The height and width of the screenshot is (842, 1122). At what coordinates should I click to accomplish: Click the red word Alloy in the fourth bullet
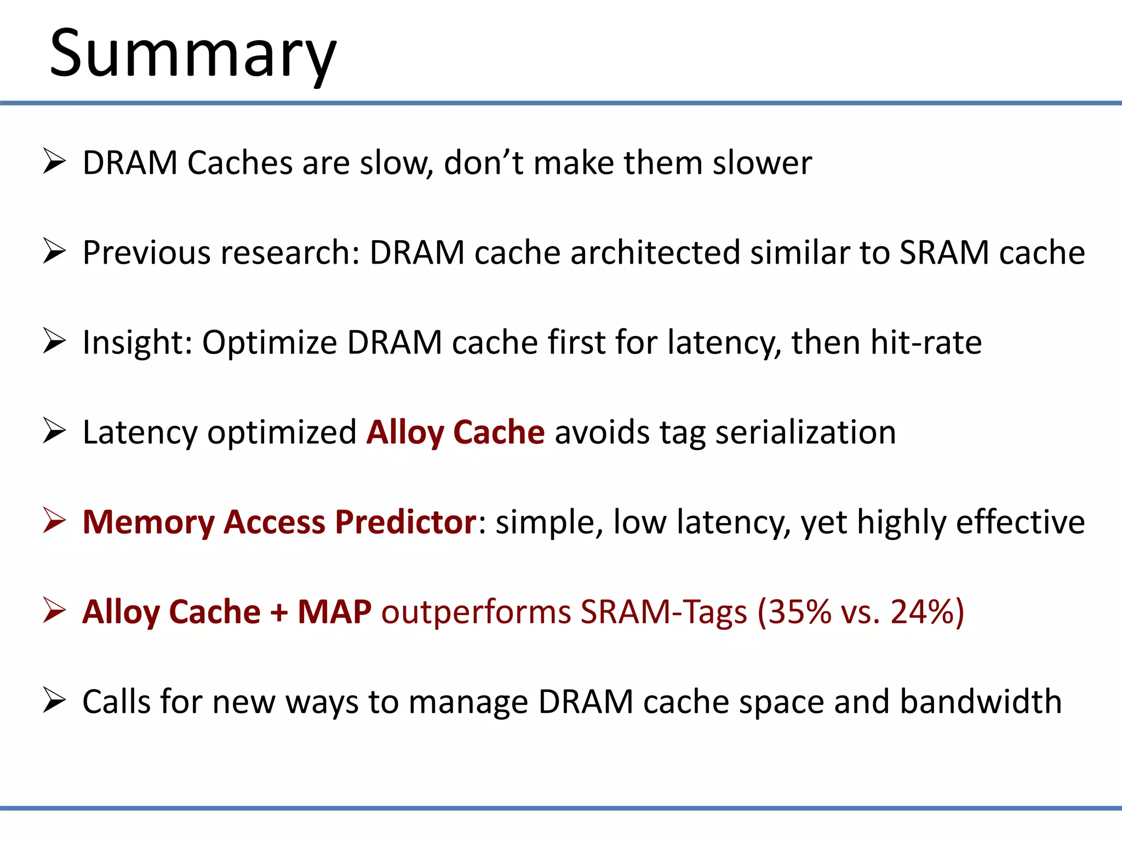[x=404, y=433]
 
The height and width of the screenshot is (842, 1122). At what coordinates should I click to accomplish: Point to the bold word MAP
[x=334, y=612]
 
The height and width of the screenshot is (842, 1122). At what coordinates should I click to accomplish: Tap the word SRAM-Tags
[x=663, y=612]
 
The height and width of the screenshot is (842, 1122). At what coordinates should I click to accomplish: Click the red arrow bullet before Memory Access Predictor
[x=54, y=520]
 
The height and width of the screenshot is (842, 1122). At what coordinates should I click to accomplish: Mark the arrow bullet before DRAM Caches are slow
[x=54, y=162]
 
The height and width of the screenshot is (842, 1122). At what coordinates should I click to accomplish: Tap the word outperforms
[x=476, y=612]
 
